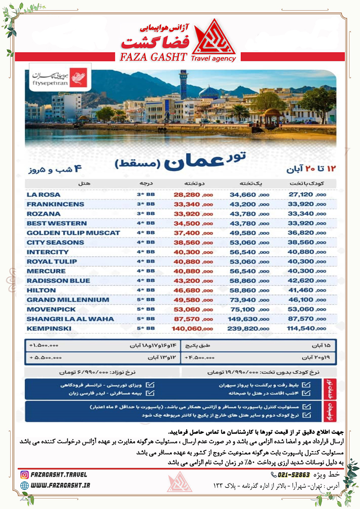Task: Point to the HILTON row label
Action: pos(41,290)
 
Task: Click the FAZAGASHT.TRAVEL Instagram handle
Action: pos(60,475)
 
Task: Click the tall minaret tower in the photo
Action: pos(183,86)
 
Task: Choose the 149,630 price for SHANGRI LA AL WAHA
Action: pos(245,319)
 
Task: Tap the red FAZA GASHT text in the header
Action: pos(149,57)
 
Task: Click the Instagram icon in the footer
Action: pos(25,475)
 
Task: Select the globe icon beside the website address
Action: pos(25,485)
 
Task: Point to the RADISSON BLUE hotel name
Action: pos(58,281)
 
